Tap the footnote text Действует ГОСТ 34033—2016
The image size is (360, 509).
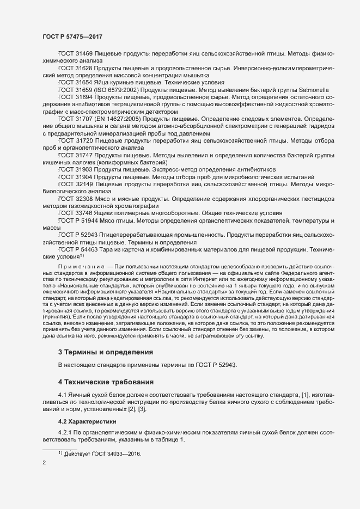pos(103,454)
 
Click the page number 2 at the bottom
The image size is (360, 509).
pos(44,464)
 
